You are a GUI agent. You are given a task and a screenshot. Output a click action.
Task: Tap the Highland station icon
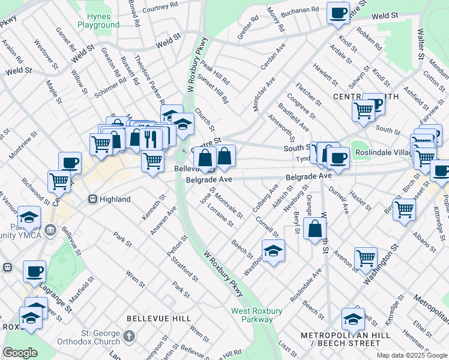(x=93, y=199)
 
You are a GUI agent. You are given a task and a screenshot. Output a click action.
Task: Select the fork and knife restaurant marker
(x=151, y=139)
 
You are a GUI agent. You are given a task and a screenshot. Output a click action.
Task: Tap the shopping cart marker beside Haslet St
(x=404, y=209)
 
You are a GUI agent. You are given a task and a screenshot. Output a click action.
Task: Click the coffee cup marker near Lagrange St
(x=34, y=271)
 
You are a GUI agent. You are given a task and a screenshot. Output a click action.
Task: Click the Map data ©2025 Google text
(x=411, y=355)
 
